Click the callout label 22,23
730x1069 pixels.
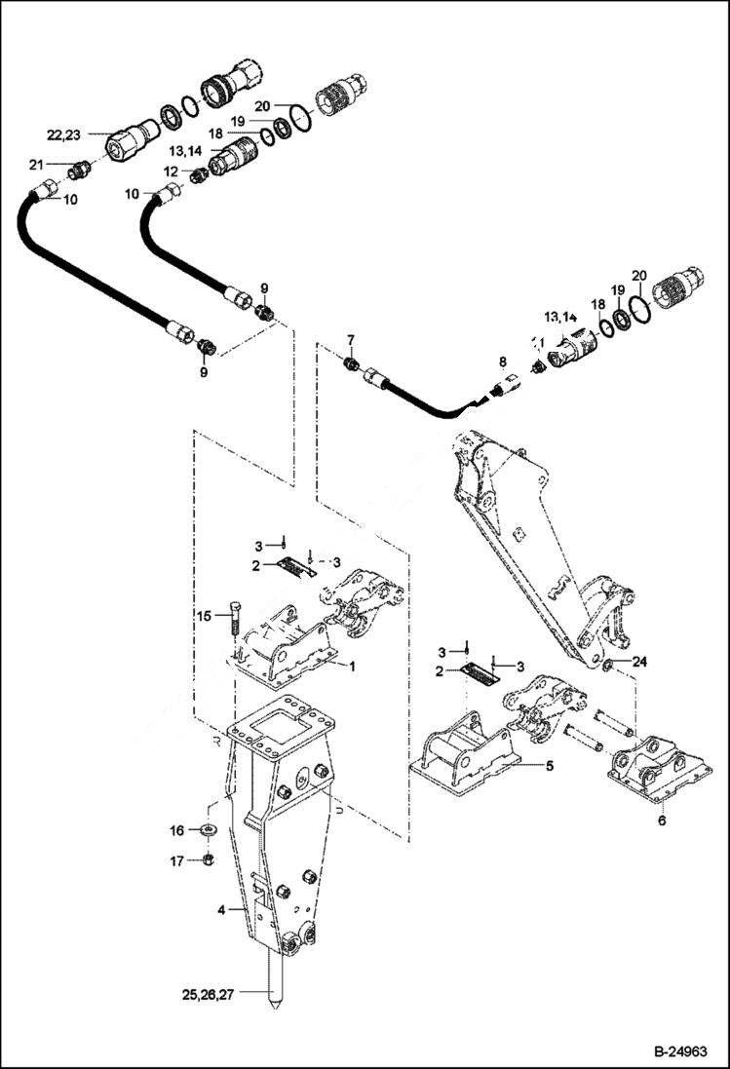click(x=66, y=134)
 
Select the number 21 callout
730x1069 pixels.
click(x=36, y=164)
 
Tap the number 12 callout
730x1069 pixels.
click(x=171, y=172)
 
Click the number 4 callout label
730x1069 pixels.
click(x=221, y=910)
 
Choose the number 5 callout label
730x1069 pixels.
click(x=550, y=766)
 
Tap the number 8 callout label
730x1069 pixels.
click(x=503, y=362)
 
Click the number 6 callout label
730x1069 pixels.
click(x=661, y=821)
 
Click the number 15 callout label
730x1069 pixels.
click(x=203, y=615)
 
